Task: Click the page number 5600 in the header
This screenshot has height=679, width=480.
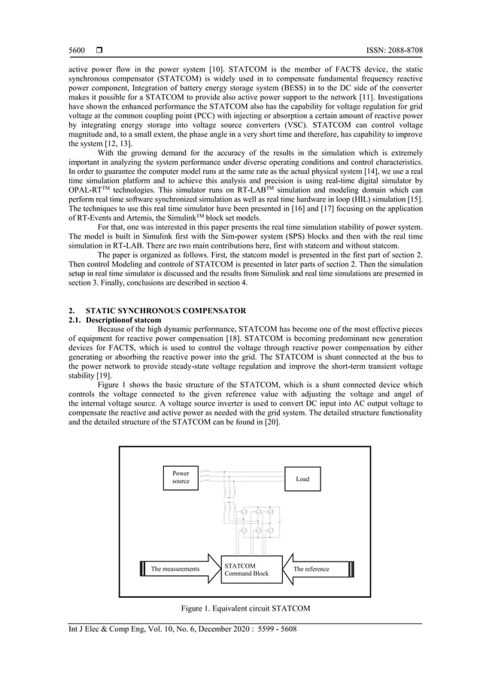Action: (76, 50)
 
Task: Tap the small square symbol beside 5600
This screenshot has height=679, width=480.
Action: (99, 50)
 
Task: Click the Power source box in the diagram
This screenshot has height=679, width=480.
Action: (181, 478)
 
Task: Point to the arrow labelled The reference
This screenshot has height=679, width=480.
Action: (316, 569)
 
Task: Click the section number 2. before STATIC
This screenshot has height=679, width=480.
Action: (71, 311)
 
